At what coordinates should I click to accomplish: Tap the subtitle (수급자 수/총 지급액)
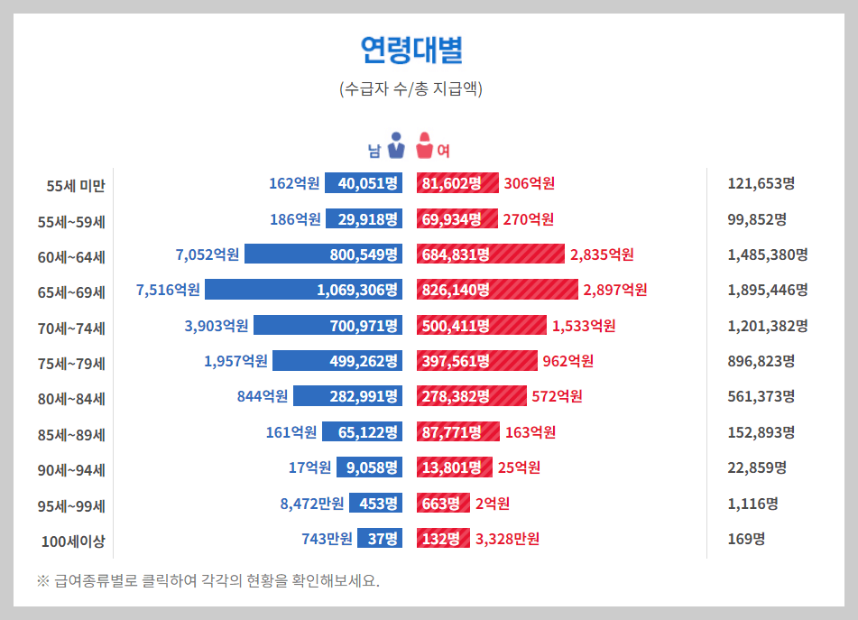411,89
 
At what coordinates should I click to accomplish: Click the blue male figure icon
396,144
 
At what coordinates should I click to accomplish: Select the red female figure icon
424,144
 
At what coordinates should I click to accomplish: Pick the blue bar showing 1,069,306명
303,290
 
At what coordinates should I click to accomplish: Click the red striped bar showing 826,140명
497,290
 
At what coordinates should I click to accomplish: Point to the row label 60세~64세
71,257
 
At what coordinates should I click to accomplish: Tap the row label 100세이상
73,542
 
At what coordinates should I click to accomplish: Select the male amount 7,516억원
169,290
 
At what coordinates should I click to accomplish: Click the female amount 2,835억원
602,254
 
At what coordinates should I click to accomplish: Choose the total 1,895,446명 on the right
767,290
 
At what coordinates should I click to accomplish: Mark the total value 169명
746,540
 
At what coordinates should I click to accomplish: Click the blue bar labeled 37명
380,540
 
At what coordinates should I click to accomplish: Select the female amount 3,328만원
507,540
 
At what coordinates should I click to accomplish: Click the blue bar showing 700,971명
328,326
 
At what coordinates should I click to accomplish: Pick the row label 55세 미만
76,186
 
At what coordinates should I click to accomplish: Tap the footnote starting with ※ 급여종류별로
208,580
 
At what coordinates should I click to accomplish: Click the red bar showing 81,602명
457,183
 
